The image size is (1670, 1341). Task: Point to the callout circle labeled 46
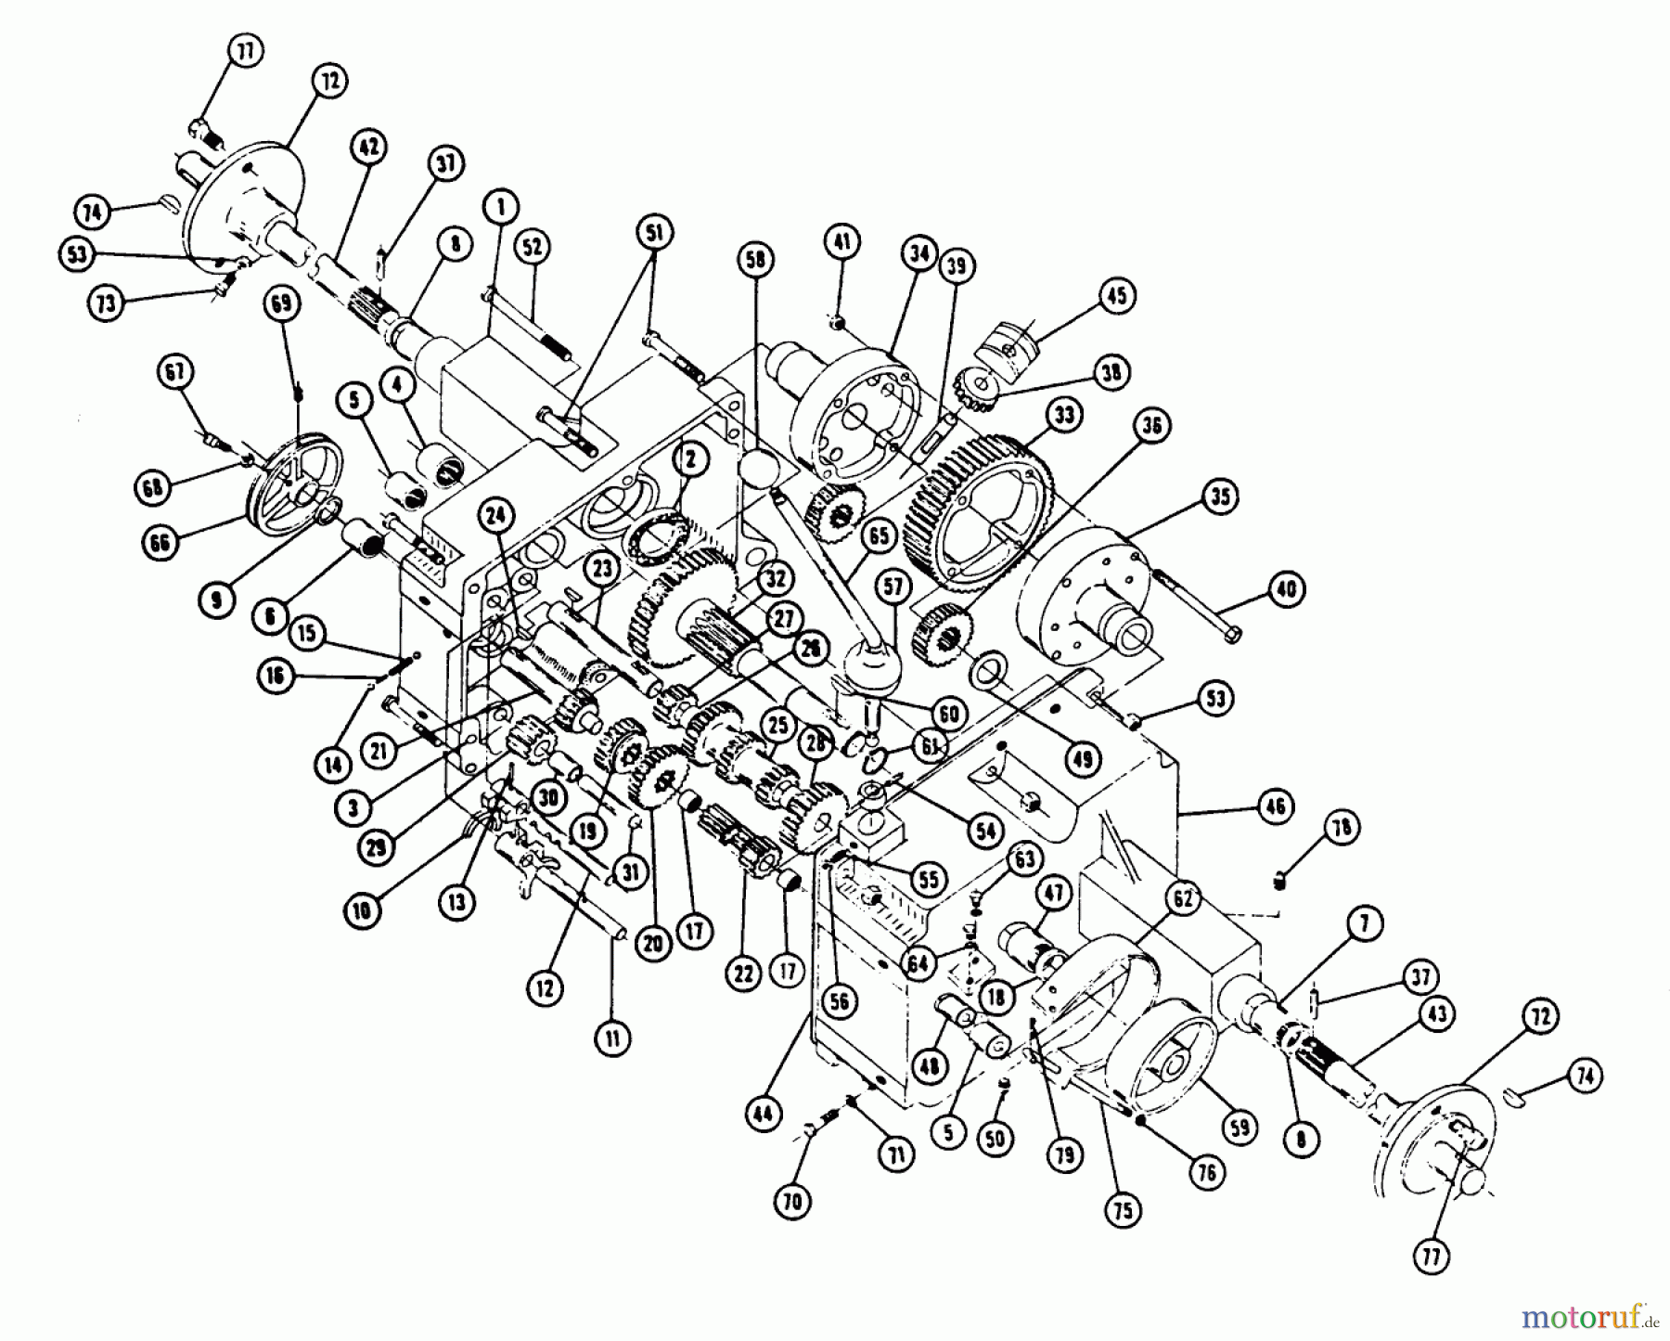pyautogui.click(x=1276, y=806)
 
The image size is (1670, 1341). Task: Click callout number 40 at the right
pyautogui.click(x=1286, y=589)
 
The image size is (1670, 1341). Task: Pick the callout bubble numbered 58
pyautogui.click(x=756, y=260)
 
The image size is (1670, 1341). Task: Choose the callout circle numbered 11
pyautogui.click(x=611, y=1038)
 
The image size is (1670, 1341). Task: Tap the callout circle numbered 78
pyautogui.click(x=1342, y=827)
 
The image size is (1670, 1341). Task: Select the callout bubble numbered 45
pyautogui.click(x=1116, y=295)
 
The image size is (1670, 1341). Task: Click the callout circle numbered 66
pyautogui.click(x=160, y=543)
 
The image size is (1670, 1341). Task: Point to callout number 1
pyautogui.click(x=501, y=206)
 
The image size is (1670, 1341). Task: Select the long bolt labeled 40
pyautogui.click(x=1197, y=608)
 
